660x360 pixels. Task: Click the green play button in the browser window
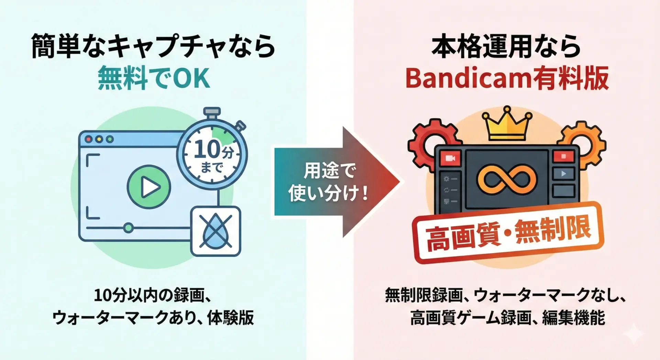click(x=149, y=187)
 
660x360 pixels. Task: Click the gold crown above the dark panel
click(x=507, y=124)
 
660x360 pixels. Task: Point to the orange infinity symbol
click(x=506, y=179)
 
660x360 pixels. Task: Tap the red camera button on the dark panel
click(x=450, y=158)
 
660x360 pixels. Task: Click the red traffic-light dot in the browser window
click(x=89, y=139)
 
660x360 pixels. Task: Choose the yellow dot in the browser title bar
click(x=99, y=139)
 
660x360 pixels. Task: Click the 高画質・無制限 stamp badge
click(x=508, y=232)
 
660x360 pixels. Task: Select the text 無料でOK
click(x=154, y=79)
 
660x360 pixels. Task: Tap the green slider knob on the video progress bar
click(x=128, y=228)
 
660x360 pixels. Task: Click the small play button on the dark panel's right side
click(x=563, y=174)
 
